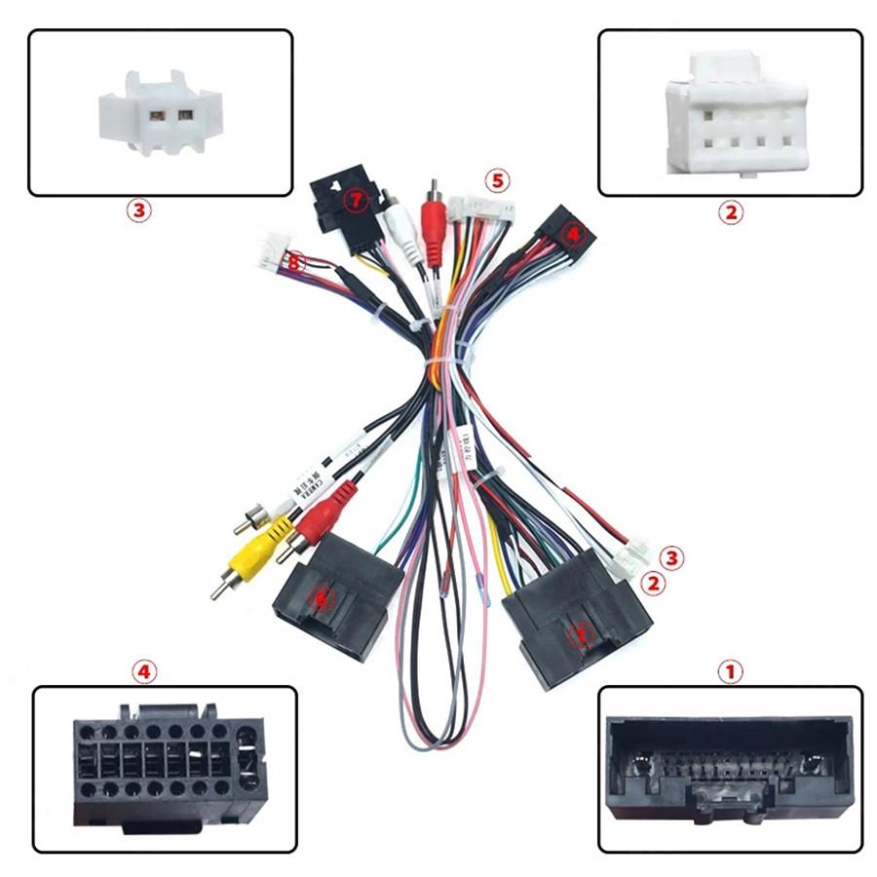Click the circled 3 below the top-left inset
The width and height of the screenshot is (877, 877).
tap(139, 210)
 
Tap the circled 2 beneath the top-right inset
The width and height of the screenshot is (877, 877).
tap(730, 211)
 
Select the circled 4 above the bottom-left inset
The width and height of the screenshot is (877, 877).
tap(144, 671)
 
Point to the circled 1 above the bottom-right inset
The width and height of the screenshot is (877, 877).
tap(730, 671)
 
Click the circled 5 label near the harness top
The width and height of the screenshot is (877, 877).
tap(498, 180)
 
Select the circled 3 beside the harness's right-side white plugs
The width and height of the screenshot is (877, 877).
tap(671, 558)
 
